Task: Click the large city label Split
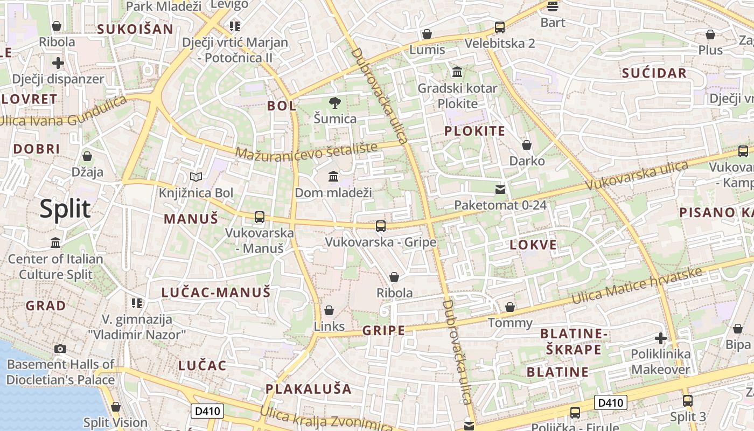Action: (65, 208)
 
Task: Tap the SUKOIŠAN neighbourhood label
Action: (135, 29)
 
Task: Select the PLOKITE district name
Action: (474, 131)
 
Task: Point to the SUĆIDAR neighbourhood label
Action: (654, 73)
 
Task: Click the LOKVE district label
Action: (533, 245)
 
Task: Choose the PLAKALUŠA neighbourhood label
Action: (308, 389)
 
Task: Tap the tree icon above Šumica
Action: (334, 102)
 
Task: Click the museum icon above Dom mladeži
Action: (333, 176)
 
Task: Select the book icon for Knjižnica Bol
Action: (196, 177)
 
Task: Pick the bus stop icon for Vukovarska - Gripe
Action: (380, 226)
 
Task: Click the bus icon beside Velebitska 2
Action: (500, 27)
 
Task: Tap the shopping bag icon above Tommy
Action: (509, 307)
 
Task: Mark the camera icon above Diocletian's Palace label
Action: (60, 349)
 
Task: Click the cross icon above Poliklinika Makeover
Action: (660, 338)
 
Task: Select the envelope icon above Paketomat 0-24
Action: (500, 189)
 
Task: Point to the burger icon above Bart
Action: (553, 6)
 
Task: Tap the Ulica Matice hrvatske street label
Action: (637, 286)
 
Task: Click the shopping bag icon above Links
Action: (329, 310)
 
